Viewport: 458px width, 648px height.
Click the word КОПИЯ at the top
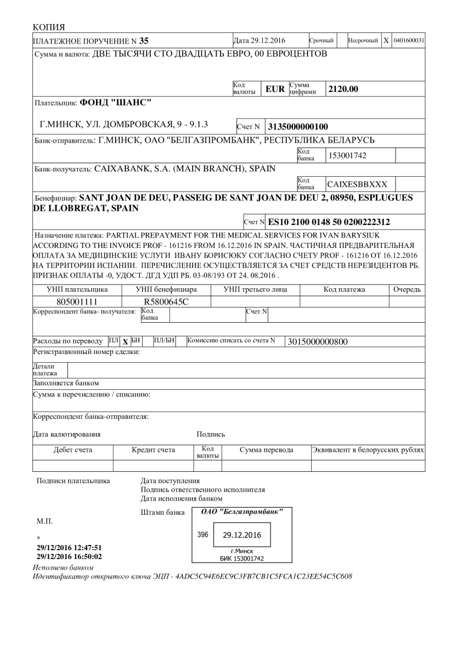tap(50, 27)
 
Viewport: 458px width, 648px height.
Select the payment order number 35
tap(144, 41)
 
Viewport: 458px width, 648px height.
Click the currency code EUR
tap(275, 90)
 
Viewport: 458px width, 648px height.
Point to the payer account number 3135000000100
tap(298, 126)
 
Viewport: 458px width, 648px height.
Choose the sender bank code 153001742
tap(351, 155)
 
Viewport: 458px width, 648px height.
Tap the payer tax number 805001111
tap(76, 302)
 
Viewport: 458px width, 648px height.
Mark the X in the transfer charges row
tap(125, 341)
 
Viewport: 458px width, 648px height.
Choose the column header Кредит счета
tap(153, 450)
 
